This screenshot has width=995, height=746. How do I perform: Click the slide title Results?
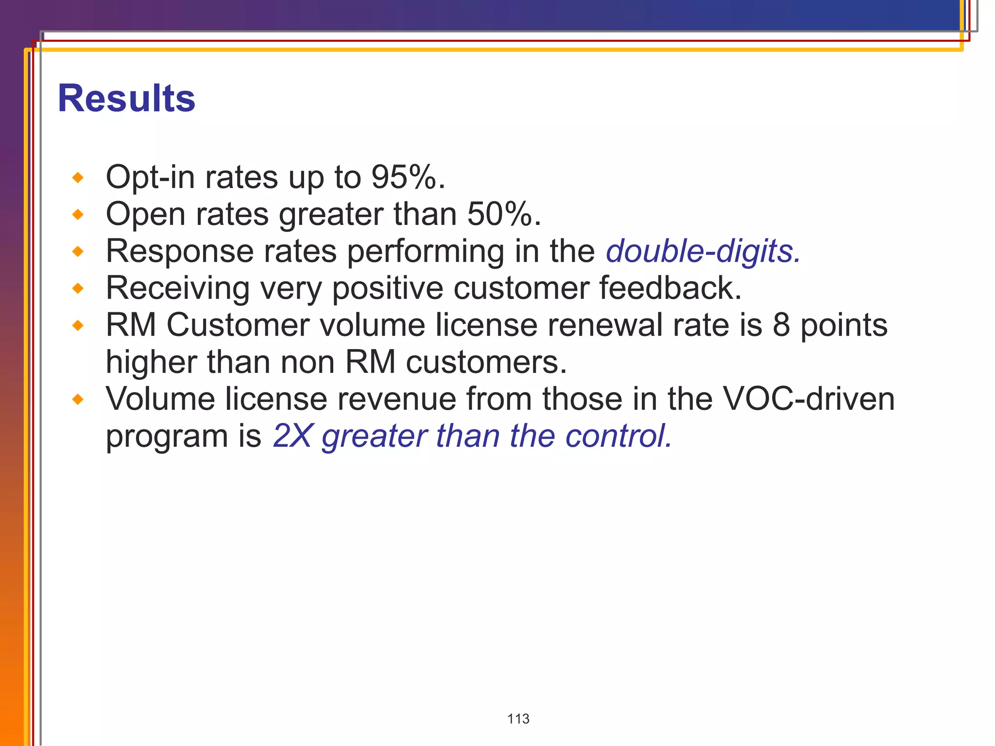point(126,99)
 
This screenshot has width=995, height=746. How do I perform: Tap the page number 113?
point(518,719)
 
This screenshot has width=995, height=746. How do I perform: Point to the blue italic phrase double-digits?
point(703,252)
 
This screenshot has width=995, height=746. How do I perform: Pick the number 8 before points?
point(781,325)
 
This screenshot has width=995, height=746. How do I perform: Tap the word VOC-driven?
point(808,399)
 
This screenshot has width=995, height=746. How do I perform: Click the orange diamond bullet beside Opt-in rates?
point(78,178)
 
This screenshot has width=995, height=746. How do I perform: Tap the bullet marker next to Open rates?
point(78,215)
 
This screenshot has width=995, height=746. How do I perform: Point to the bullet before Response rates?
point(78,252)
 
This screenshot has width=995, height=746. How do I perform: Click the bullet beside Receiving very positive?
point(78,288)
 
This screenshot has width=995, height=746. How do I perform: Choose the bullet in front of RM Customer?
point(78,325)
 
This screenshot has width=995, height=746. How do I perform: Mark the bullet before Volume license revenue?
point(78,400)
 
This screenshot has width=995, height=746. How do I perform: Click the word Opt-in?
point(150,177)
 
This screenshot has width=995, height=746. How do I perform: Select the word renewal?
point(605,325)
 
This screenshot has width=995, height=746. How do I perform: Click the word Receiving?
point(177,288)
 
